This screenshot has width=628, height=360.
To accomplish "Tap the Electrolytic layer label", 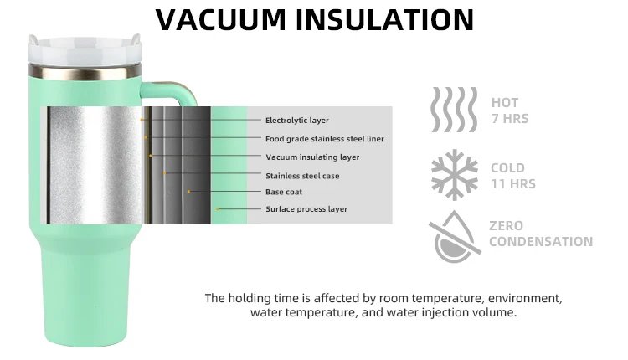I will point(297,121).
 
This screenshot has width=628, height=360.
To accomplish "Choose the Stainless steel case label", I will point(302,176).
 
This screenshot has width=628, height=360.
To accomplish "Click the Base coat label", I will point(284,192).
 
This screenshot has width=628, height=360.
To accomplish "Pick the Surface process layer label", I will point(306,208).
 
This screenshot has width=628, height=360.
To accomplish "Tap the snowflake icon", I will point(454,175).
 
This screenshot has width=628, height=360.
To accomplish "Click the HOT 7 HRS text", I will point(509,111).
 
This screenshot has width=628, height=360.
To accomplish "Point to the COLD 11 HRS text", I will point(512,176).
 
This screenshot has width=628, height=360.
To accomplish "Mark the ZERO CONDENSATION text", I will point(540,234).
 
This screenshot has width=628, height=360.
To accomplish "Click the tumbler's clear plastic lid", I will point(84,50).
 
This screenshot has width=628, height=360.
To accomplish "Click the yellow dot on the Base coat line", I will point(189,192).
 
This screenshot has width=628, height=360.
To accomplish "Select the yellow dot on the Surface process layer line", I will point(218,208).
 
